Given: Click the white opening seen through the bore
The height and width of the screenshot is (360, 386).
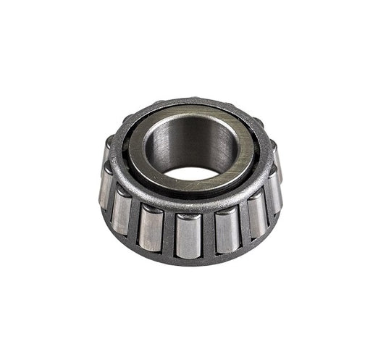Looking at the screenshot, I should coord(190,174).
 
